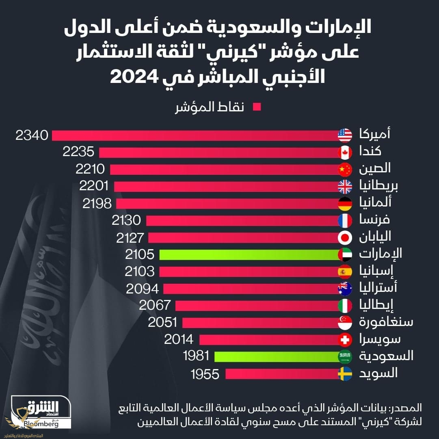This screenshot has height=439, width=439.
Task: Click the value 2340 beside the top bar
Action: (32, 135)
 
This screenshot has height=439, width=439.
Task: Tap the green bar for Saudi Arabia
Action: (276, 356)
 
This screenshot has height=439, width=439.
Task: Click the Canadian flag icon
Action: (345, 152)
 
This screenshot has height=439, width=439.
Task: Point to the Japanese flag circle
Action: (345, 237)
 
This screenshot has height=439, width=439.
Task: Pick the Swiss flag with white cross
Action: (345, 339)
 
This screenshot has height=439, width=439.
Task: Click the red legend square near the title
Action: (257, 107)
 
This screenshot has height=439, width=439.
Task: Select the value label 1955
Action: (205, 374)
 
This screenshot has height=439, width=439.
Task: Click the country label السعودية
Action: (386, 356)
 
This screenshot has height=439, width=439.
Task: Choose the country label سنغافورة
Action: (386, 322)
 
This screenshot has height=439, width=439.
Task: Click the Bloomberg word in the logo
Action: (41, 424)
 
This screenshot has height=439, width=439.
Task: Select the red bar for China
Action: (223, 170)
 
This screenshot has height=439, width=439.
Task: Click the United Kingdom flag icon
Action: (345, 187)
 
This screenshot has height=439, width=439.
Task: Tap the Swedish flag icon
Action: (345, 374)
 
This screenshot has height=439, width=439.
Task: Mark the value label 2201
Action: (94, 187)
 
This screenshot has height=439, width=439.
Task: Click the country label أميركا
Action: (375, 134)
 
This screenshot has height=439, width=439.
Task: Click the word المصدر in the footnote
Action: (407, 408)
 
